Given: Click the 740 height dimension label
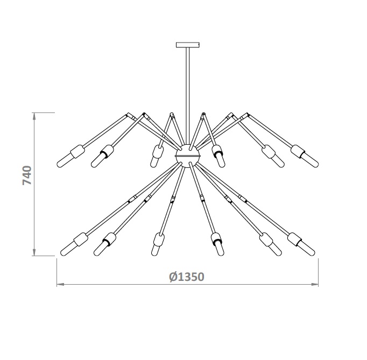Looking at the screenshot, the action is tap(27, 175).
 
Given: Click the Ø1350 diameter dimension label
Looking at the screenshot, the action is tap(187, 277).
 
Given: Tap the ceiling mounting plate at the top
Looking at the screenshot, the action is tap(187, 45).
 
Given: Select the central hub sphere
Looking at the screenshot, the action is tap(187, 156).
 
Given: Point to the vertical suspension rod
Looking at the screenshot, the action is tap(187, 96).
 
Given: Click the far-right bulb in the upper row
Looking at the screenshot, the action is tap(312, 160).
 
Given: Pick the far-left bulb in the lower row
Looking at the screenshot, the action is tap(67, 249).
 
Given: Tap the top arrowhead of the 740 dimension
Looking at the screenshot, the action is tap(34, 116).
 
